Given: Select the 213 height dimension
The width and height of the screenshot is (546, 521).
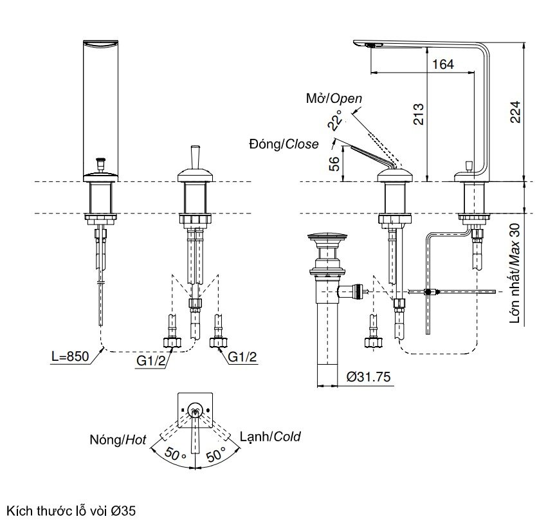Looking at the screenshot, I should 419,116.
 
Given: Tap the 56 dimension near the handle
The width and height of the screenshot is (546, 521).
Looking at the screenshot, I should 334,163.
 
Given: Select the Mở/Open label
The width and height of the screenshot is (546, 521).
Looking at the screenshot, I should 334,98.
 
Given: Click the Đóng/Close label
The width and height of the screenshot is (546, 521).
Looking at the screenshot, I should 283,144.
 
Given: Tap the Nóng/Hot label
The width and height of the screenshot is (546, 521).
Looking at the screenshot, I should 118,441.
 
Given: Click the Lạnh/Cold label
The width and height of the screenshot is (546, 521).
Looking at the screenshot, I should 270,437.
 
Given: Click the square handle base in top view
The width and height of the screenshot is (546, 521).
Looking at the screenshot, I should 194,410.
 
